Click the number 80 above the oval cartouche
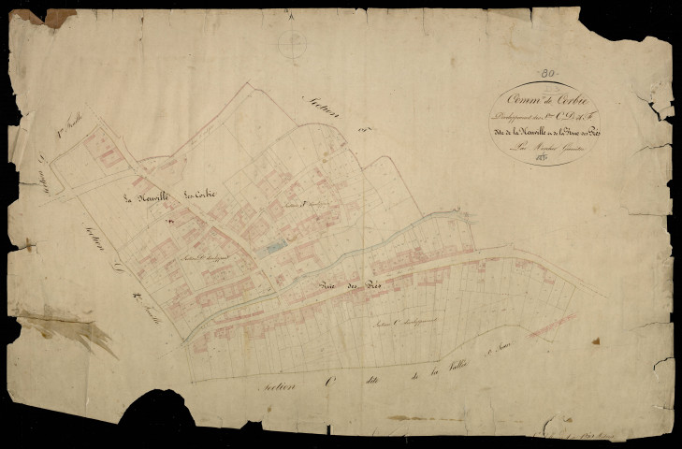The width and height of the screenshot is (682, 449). pos(550,74)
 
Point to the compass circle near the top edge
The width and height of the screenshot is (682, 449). pos(293,42)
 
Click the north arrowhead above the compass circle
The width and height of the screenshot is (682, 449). pos(293,15)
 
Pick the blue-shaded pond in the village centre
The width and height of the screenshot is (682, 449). pos(272,247)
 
